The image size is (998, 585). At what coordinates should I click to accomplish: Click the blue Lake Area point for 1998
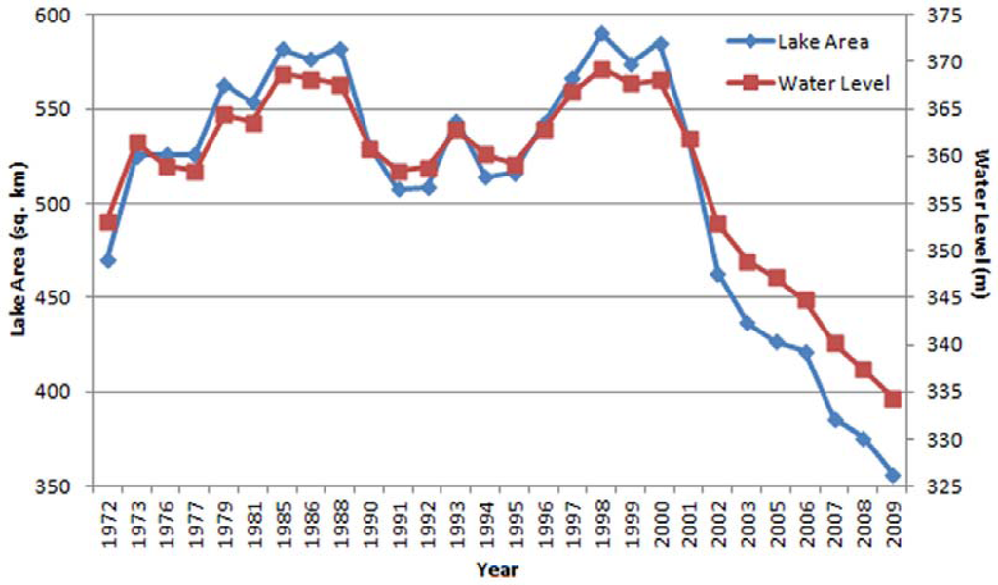(601, 33)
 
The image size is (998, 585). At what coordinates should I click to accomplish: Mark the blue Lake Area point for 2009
(893, 476)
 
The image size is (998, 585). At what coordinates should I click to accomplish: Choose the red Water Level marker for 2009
(893, 399)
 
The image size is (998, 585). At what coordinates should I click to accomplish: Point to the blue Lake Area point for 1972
(108, 261)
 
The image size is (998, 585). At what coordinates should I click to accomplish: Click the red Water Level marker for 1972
(108, 222)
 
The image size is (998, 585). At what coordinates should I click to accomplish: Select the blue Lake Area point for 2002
(718, 275)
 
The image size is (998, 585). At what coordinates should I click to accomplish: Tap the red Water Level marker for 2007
(835, 343)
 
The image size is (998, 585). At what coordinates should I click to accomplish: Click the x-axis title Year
(498, 569)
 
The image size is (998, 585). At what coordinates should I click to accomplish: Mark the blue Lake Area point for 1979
(225, 85)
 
